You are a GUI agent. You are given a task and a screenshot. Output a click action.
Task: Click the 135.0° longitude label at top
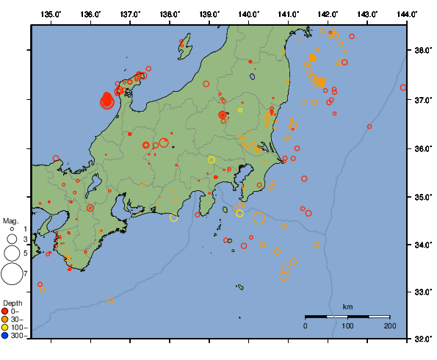pyautogui.click(x=51, y=14)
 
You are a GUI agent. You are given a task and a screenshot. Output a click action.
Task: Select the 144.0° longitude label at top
pyautogui.click(x=406, y=14)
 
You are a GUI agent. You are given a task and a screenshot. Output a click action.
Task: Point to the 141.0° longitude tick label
pyautogui.click(x=288, y=14)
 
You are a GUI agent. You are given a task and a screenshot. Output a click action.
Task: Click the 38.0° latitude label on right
pyautogui.click(x=422, y=51)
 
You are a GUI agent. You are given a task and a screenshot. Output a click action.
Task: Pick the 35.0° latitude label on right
pyautogui.click(x=422, y=197)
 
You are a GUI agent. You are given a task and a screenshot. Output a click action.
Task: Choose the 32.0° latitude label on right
pyautogui.click(x=422, y=339)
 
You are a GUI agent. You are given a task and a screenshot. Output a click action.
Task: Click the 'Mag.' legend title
pyautogui.click(x=10, y=220)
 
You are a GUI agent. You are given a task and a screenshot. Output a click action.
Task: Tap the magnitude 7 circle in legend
pyautogui.click(x=11, y=274)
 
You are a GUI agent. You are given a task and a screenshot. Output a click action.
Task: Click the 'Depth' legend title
pyautogui.click(x=12, y=303)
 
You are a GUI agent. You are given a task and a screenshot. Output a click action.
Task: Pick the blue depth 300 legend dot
pyautogui.click(x=6, y=336)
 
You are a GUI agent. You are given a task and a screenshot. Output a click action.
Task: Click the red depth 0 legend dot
pyautogui.click(x=6, y=312)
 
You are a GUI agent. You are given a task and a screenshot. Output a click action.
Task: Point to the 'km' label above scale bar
pyautogui.click(x=347, y=306)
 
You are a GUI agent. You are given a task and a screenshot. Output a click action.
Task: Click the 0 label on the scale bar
pyautogui.click(x=306, y=325)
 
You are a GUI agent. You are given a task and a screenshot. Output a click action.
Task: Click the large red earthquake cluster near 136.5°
pyautogui.click(x=106, y=100)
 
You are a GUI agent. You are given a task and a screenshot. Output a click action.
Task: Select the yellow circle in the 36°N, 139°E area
pyautogui.click(x=212, y=159)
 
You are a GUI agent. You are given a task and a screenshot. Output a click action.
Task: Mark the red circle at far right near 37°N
pyautogui.click(x=403, y=87)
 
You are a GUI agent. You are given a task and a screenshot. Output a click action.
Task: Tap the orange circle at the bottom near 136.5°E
pyautogui.click(x=110, y=300)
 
